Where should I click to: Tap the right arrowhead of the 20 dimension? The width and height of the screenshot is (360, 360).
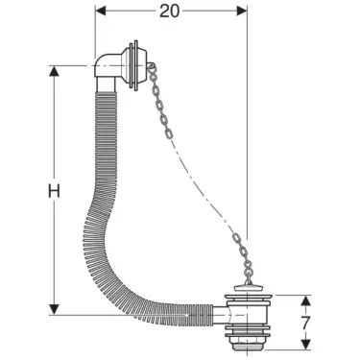click(x=241, y=11)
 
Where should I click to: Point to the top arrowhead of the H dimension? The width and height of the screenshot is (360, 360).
click(x=55, y=70)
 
